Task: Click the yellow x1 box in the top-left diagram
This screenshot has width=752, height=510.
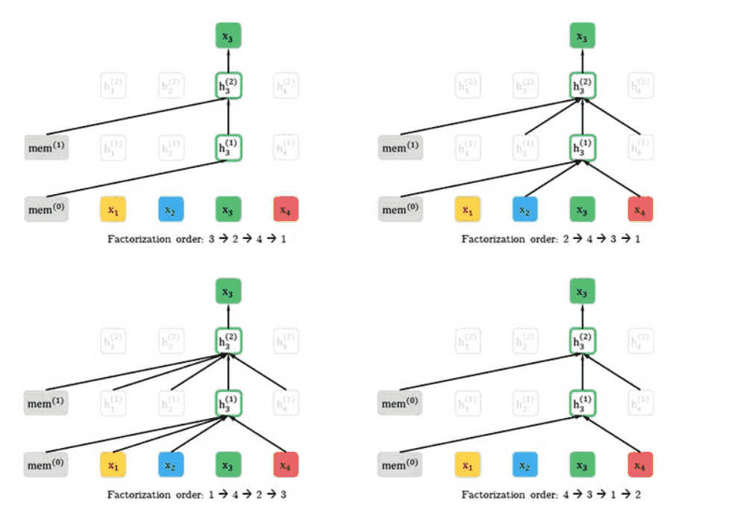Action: coord(113,210)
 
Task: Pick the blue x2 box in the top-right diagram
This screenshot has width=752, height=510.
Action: coord(525,210)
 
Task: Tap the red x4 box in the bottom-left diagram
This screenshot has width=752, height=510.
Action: coord(286,465)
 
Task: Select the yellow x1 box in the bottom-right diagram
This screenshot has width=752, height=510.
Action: coord(467,465)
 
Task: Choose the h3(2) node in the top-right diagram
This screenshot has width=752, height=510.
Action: coord(583,85)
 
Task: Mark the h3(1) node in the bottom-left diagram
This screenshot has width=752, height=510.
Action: coord(228,402)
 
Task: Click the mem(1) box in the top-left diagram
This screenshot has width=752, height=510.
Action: coord(46,148)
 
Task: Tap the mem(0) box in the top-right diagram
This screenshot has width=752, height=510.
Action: coord(401,210)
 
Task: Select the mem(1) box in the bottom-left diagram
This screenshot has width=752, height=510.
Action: coord(46,403)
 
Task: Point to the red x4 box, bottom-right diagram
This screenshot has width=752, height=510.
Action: coord(640,465)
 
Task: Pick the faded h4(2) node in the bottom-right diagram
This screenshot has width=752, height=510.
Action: coord(640,341)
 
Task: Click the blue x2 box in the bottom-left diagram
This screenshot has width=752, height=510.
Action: coord(171,465)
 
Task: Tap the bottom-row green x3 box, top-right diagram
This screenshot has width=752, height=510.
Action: coord(583,210)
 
